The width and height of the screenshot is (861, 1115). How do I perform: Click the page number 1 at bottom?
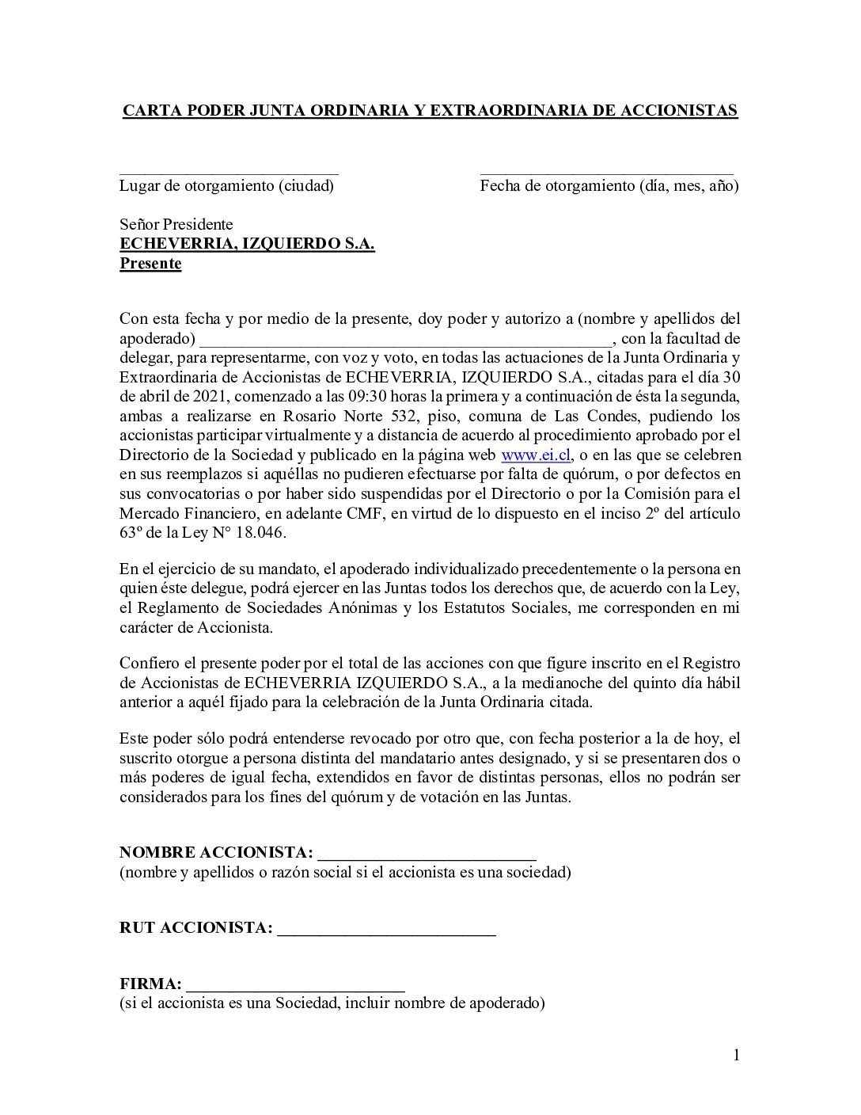[x=736, y=1055]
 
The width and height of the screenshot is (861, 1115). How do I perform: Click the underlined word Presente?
[x=150, y=264]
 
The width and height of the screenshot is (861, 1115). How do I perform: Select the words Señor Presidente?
[x=176, y=225]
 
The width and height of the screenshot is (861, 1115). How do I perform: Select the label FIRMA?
[x=150, y=984]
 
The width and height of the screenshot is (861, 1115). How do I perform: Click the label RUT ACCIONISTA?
[x=196, y=928]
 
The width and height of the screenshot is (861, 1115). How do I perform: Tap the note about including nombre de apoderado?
[x=332, y=1004]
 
